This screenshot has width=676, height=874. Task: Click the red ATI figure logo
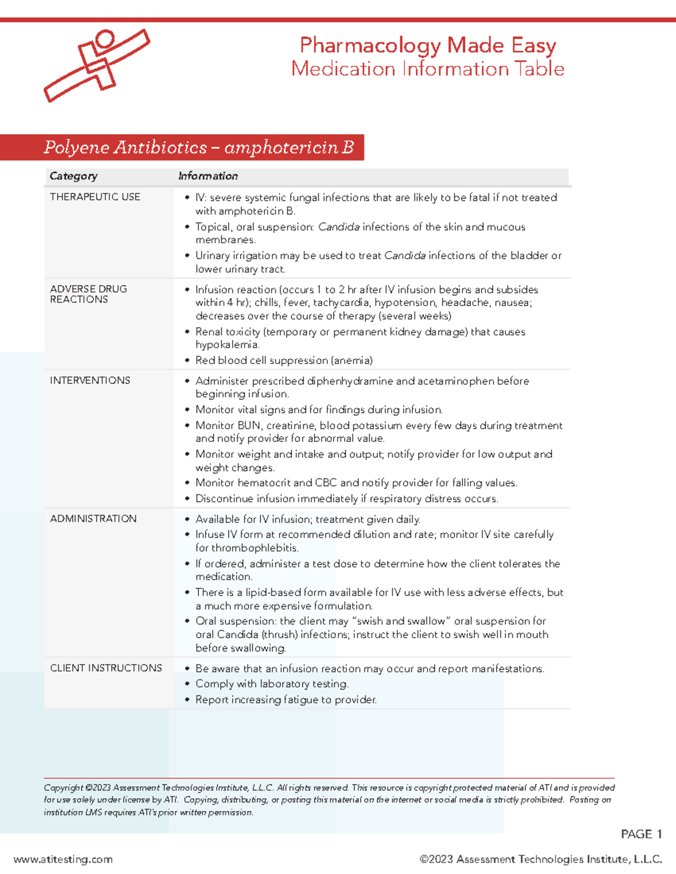97,65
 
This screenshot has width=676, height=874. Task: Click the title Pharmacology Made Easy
428,45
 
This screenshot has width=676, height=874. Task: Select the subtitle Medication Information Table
428,69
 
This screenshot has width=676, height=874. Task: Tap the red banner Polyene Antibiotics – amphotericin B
198,147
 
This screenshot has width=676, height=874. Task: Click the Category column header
73,176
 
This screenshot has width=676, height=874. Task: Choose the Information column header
208,176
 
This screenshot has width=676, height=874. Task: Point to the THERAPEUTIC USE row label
95,197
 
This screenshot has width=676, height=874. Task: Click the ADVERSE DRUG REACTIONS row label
88,294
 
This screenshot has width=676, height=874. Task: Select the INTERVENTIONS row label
90,380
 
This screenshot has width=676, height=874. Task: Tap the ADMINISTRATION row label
93,518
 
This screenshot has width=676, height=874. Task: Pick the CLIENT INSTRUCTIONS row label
106,668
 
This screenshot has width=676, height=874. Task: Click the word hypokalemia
226,345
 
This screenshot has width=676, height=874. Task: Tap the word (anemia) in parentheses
352,360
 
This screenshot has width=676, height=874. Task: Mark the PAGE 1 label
641,834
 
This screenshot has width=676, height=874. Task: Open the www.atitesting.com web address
63,859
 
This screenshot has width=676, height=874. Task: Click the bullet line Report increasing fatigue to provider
286,700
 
